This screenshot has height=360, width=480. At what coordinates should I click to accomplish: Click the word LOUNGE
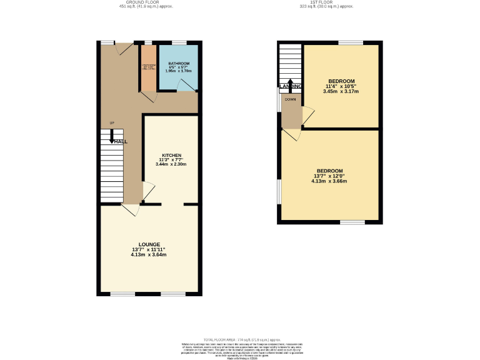pos(149,244)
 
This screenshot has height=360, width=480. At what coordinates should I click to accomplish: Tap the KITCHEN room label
pos(171,154)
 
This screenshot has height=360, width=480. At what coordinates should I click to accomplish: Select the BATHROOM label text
pos(178,64)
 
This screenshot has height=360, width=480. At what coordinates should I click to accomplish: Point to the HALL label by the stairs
pos(121,142)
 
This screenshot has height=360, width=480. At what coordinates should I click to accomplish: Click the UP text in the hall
pos(112,122)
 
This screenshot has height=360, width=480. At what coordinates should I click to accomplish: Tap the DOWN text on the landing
pos(291,99)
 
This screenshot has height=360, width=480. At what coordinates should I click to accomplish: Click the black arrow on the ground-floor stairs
pos(112,138)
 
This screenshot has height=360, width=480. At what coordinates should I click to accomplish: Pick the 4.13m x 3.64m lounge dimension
pos(149,255)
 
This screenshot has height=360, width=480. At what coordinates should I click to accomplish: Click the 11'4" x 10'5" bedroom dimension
pos(341,86)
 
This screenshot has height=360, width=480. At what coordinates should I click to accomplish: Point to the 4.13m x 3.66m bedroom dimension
pos(329,181)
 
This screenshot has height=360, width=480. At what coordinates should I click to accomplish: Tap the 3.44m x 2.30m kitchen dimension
pos(171,164)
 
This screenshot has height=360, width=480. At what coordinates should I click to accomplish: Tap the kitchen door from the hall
pos(147,191)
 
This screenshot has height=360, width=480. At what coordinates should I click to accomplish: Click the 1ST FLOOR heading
pos(327,2)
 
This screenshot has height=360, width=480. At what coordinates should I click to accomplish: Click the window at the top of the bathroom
pos(179,42)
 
